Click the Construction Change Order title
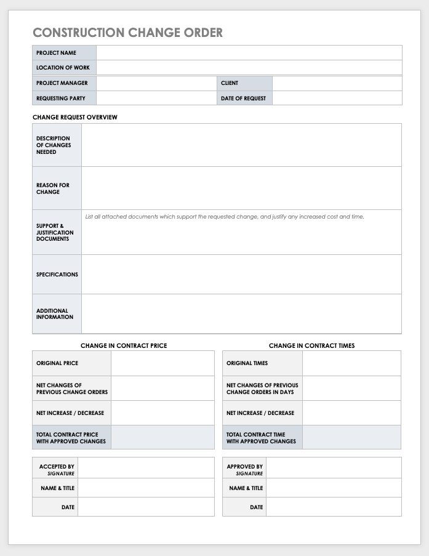pos(127,33)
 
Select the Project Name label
pos(56,53)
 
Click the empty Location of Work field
pos(249,68)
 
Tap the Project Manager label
pos(62,83)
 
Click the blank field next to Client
pos(337,83)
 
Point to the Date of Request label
pos(243,99)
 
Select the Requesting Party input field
pos(156,99)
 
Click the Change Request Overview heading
pos(74,117)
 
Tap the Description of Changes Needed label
pos(54,145)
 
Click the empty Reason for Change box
pos(241,188)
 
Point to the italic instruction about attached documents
pos(225,217)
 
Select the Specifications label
pos(57,275)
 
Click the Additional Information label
pos(55,314)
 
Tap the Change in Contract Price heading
pos(124,345)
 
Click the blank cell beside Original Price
pos(162,363)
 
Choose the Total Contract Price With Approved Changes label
pos(71,438)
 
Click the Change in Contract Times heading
pos(311,345)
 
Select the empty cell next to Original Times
pos(351,363)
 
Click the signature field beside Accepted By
pos(146,468)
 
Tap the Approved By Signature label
pos(245,470)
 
